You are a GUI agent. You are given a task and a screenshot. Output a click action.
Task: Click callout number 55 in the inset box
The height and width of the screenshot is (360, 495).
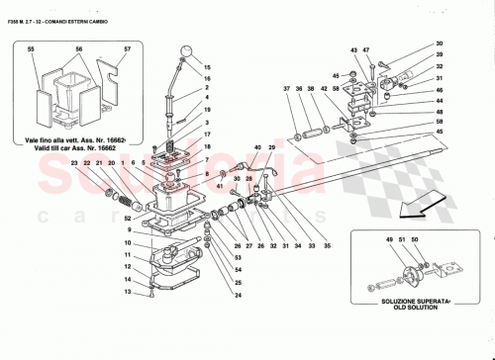(x=32, y=48)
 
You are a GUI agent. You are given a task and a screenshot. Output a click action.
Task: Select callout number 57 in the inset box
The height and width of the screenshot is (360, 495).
(x=127, y=48)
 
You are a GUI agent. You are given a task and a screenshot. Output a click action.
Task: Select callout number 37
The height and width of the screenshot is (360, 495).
(x=287, y=88)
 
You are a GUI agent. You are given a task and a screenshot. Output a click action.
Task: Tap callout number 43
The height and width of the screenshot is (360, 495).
(x=353, y=49)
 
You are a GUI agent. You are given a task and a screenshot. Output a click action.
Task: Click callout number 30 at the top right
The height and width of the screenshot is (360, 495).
(x=440, y=45)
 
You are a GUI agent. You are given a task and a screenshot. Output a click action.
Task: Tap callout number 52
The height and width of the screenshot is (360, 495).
(x=130, y=220)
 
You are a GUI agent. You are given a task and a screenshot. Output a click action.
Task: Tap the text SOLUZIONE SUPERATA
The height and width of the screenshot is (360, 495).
(x=405, y=298)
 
